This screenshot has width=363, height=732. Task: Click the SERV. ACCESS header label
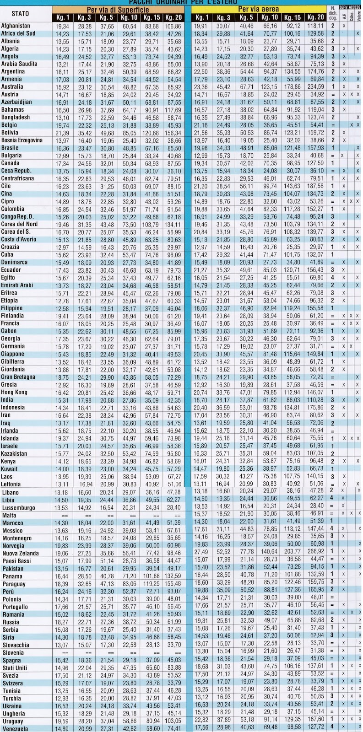(x=350, y=8)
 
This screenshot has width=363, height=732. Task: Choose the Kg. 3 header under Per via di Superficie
(x=85, y=17)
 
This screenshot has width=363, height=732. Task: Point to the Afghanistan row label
(x=16, y=26)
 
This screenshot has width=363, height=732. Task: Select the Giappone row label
(x=13, y=354)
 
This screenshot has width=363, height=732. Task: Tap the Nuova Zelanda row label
(x=20, y=553)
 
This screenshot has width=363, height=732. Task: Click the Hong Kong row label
(x=14, y=392)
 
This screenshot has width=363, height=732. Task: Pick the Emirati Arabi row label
(x=17, y=285)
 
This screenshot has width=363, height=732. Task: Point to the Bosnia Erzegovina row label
(x=22, y=140)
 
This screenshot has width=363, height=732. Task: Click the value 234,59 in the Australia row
(x=314, y=86)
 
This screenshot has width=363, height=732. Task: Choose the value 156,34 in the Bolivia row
(x=173, y=133)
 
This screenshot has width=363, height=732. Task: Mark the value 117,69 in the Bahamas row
(x=173, y=110)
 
